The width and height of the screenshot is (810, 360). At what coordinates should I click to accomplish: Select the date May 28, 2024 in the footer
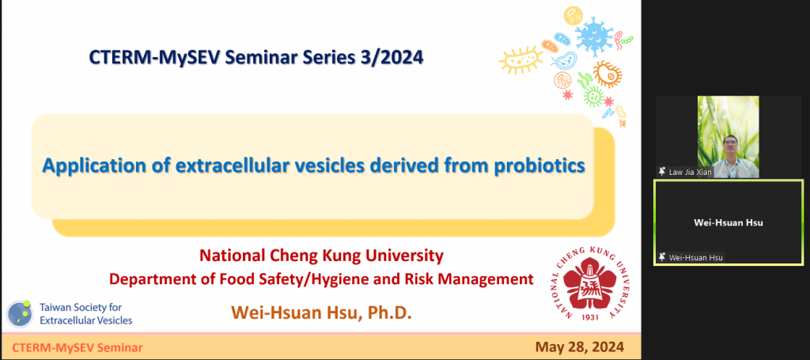point(580,347)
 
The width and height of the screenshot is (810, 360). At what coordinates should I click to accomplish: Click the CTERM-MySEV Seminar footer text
point(78,347)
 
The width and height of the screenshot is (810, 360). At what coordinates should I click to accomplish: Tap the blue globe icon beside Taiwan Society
point(20,313)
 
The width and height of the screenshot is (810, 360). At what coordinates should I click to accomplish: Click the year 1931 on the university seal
point(589,316)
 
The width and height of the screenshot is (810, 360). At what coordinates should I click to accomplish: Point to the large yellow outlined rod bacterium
point(521,59)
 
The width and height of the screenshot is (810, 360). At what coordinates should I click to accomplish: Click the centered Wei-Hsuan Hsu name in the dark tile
point(728,223)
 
